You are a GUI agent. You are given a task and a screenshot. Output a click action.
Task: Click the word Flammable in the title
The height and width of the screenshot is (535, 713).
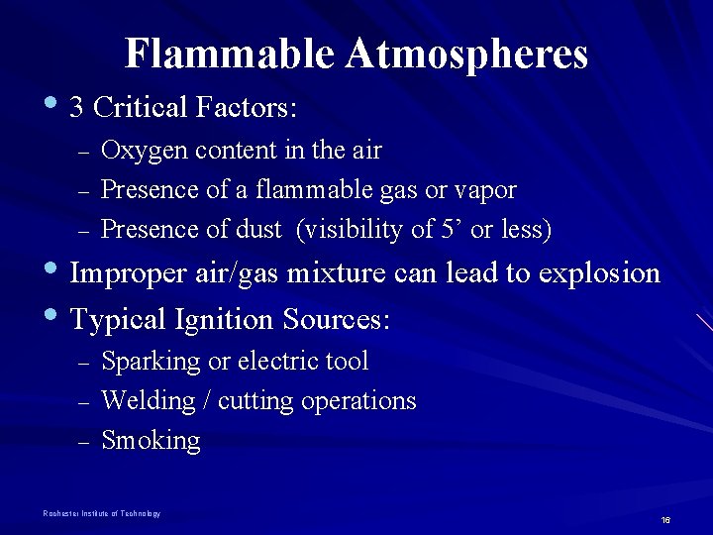pos(231,54)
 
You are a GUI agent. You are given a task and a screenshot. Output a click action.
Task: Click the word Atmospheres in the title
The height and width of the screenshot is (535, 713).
pos(466,54)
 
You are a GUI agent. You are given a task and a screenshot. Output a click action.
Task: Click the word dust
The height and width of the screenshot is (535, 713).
pos(259,229)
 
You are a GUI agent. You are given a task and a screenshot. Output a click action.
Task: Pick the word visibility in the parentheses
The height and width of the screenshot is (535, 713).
pos(352,230)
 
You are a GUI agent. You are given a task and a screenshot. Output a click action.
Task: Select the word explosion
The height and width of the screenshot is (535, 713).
pos(598,274)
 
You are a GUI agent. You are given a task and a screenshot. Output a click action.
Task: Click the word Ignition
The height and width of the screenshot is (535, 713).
pos(219,320)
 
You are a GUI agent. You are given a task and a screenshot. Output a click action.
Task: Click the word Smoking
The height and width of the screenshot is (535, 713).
pos(151,441)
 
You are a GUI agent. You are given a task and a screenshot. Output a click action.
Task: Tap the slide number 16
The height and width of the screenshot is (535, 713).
pos(665,520)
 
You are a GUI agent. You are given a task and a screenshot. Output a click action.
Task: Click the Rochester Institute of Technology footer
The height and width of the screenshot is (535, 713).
pos(101,513)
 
